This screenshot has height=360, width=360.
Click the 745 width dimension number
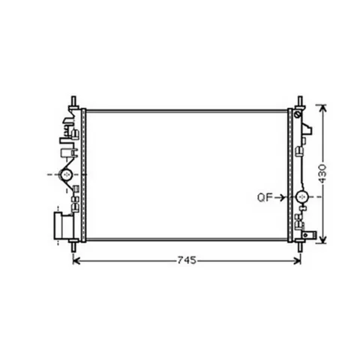pos(187,260)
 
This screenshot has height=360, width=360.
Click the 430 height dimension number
pos(322,173)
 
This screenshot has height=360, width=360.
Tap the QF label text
pos(265,197)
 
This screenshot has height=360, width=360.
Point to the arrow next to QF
pos(280,198)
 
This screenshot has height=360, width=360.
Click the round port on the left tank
pos(66,175)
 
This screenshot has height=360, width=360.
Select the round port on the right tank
pos(302,197)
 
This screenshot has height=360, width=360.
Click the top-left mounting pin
pos(73,103)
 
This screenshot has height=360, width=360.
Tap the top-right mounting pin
pos(300,103)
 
